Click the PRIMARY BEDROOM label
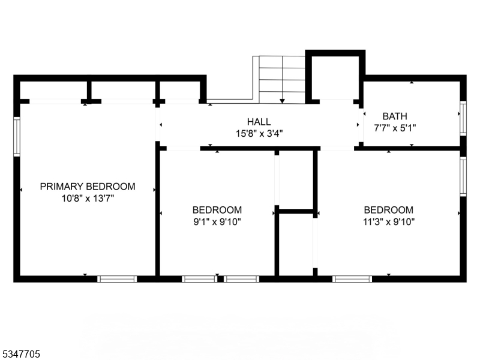click(x=88, y=187)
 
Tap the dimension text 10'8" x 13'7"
click(x=88, y=198)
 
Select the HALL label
click(x=259, y=121)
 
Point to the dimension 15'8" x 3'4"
click(x=259, y=133)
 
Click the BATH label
click(x=395, y=116)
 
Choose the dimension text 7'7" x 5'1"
click(x=395, y=128)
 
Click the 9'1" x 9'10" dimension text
click(x=217, y=221)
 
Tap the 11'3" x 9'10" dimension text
click(x=389, y=221)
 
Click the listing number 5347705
click(x=21, y=355)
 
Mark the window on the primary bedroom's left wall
click(x=17, y=137)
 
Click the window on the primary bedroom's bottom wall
click(x=117, y=278)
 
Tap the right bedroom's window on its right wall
click(x=463, y=176)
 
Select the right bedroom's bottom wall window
click(x=352, y=278)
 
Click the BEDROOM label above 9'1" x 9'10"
click(x=217, y=210)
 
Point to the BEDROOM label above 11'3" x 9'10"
click(x=389, y=210)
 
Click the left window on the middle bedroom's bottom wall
click(x=199, y=278)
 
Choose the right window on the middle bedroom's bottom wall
click(x=242, y=278)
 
